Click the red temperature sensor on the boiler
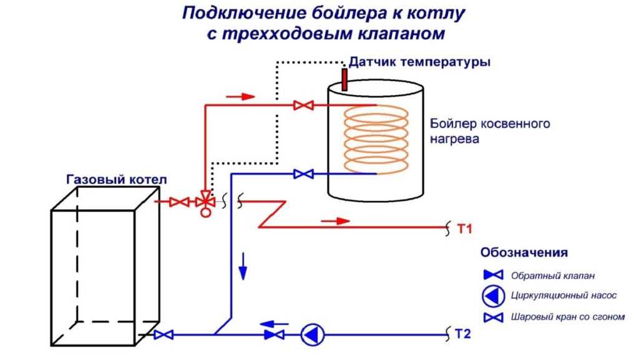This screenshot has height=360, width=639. (x=344, y=79)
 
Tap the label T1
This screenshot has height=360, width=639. (x=464, y=229)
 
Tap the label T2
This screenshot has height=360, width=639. (x=463, y=334)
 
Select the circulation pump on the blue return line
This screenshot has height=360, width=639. (x=313, y=335)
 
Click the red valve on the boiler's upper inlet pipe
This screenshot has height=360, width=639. (x=303, y=105)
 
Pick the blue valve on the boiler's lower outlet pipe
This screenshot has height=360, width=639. (x=303, y=174)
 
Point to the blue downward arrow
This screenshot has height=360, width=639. (x=243, y=266)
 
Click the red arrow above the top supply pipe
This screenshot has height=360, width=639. (x=240, y=97)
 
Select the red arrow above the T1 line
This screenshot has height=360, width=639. (x=335, y=221)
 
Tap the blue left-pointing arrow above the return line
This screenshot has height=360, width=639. (x=275, y=324)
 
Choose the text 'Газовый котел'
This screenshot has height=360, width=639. (x=117, y=180)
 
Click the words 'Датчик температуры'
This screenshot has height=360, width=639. (x=420, y=62)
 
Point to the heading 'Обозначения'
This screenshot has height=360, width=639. (x=524, y=253)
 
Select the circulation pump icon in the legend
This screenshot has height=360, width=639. (x=494, y=296)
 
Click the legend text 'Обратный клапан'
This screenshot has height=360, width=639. (x=553, y=276)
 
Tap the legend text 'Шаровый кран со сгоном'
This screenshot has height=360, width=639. (x=568, y=317)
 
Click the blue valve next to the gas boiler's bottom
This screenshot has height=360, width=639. (x=163, y=335)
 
